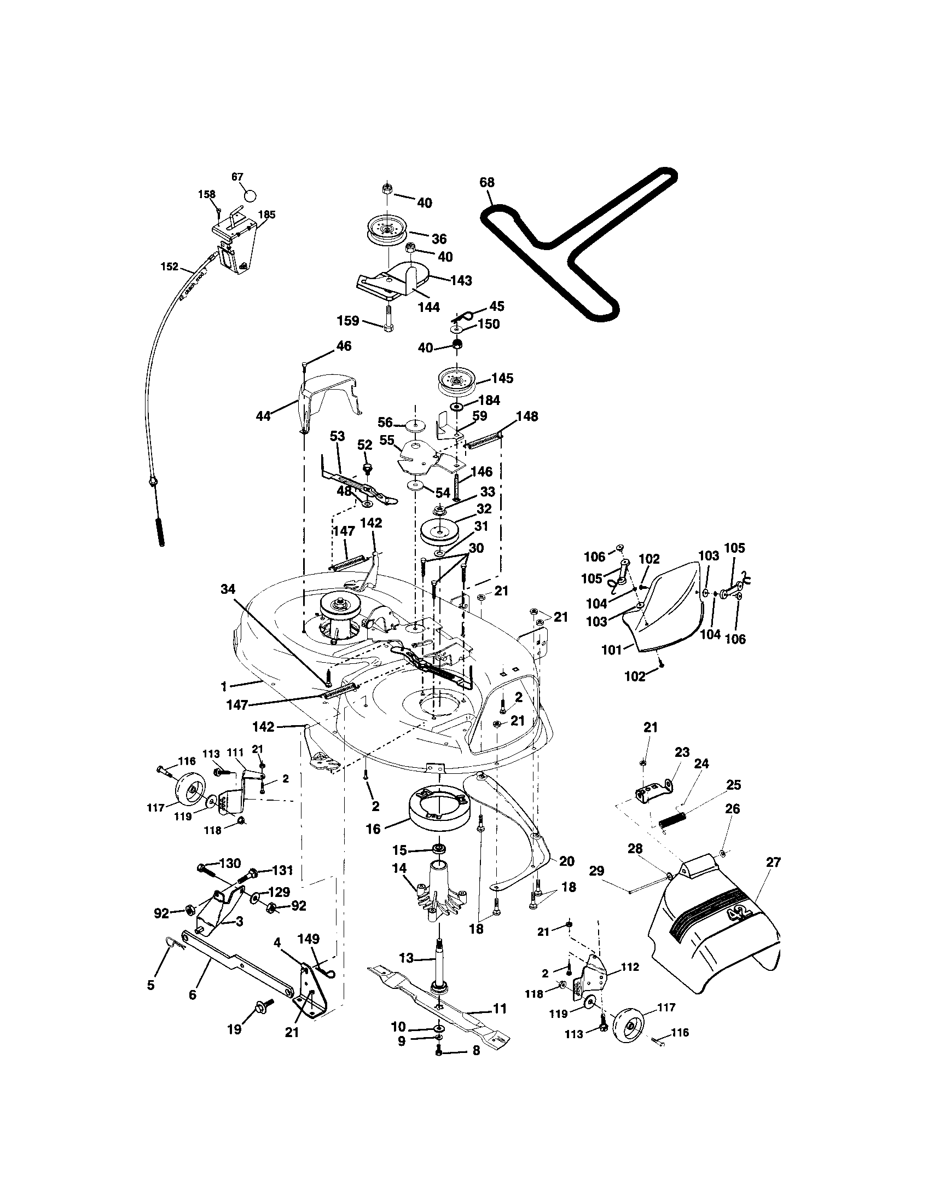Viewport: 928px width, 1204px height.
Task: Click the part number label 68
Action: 487,182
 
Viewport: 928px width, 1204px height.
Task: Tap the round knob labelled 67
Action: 251,196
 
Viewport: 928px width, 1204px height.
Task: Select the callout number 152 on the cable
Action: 170,267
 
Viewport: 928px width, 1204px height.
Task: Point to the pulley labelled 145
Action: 456,380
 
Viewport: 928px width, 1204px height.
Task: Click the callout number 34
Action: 228,589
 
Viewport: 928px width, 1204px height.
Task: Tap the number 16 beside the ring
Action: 373,829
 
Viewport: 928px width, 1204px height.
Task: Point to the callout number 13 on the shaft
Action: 406,958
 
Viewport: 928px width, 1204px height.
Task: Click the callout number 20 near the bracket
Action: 566,861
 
